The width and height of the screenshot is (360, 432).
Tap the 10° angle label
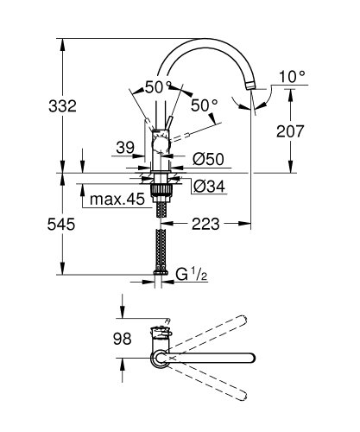[293, 77]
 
